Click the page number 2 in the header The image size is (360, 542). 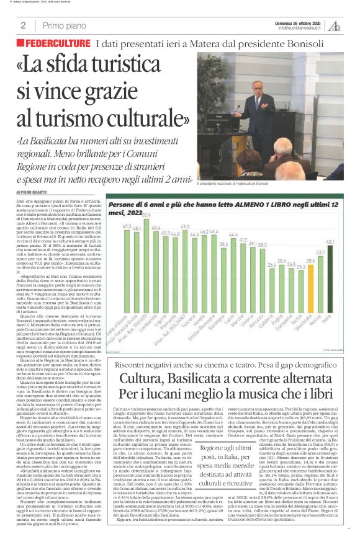[22, 25]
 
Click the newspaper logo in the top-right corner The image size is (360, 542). [335, 25]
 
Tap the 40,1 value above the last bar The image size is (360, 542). [331, 242]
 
